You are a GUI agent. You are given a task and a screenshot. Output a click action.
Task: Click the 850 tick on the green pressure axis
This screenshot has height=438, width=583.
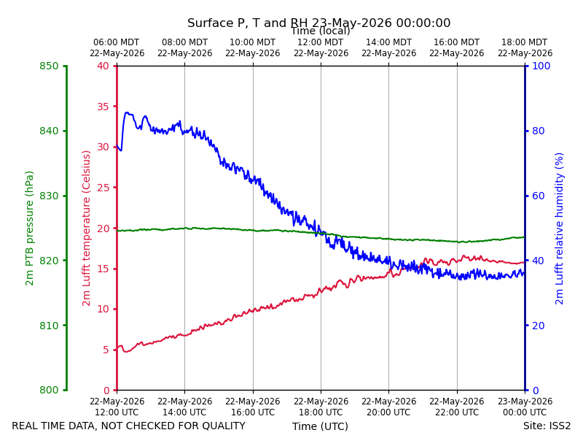tap(49, 66)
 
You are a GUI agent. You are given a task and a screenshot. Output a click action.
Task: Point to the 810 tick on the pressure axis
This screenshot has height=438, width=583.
tap(49, 326)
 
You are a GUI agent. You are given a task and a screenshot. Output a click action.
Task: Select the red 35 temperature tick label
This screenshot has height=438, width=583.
tap(103, 107)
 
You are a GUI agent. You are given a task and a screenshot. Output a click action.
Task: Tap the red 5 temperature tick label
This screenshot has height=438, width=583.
tap(106, 350)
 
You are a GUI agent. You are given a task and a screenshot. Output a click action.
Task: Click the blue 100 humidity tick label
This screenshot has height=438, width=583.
tap(541, 66)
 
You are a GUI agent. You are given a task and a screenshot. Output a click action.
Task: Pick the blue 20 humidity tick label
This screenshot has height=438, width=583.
tap(539, 326)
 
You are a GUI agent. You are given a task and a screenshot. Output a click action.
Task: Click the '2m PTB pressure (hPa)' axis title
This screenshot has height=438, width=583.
tap(29, 228)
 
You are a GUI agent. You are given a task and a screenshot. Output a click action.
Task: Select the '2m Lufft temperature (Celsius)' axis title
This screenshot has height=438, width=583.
tap(86, 228)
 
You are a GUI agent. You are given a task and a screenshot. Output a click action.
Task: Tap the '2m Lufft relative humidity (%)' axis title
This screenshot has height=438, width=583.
tap(560, 228)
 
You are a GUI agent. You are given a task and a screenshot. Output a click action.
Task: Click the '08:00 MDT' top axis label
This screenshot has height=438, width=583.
tap(185, 42)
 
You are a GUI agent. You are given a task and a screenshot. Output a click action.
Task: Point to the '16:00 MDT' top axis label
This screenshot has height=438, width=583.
tap(457, 42)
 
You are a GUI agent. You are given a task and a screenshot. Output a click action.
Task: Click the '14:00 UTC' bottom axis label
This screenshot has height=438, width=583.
tap(185, 412)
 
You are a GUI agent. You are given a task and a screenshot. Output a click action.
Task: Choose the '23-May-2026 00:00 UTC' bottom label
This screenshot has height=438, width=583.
tap(525, 407)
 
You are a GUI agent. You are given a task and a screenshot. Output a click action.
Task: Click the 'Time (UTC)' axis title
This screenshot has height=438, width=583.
tap(320, 426)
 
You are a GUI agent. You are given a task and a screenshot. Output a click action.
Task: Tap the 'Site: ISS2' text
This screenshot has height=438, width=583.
tap(547, 426)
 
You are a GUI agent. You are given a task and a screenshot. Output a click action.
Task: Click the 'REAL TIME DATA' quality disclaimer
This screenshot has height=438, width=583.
tap(129, 426)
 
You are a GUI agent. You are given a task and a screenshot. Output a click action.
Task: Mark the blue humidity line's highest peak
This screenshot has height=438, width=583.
tap(127, 112)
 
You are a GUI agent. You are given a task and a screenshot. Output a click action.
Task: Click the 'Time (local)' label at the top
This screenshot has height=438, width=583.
tap(320, 31)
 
